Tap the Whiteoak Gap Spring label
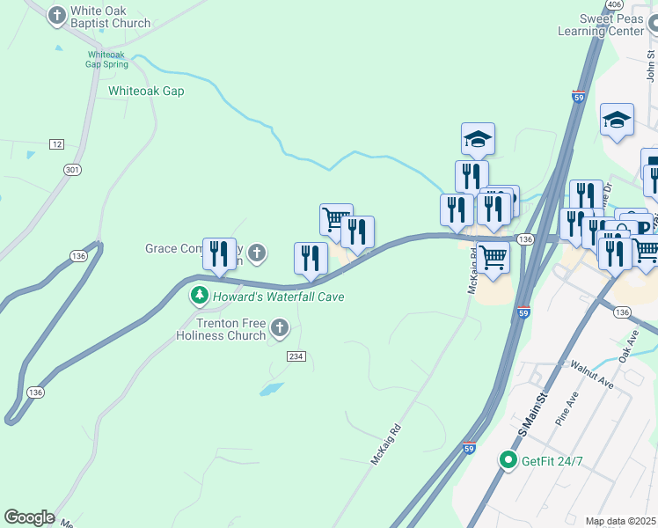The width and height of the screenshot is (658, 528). (x=106, y=58)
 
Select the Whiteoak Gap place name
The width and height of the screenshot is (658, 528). (x=146, y=91)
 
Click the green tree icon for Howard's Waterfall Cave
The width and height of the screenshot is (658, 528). (x=201, y=296)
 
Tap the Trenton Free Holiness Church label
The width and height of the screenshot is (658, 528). (x=221, y=329)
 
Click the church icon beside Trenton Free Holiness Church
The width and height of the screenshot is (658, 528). (x=280, y=329)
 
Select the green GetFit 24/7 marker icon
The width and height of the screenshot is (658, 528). (x=508, y=460)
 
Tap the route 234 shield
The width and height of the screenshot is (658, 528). (x=296, y=356)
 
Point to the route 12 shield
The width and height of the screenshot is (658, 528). (x=57, y=143)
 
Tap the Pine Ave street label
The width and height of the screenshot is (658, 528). (x=565, y=409)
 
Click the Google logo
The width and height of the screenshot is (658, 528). (x=29, y=517)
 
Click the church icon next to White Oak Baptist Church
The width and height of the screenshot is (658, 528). (x=57, y=16)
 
